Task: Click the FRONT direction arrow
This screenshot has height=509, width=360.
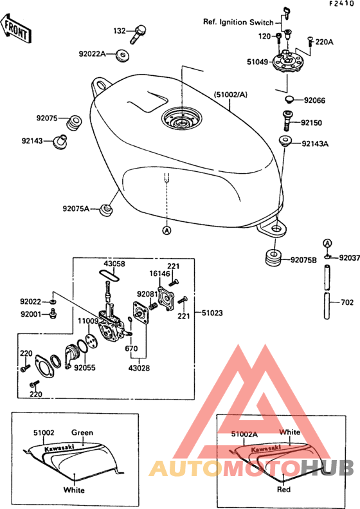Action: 15,28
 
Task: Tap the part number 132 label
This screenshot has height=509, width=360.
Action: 120,31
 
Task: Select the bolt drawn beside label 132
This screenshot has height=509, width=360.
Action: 138,33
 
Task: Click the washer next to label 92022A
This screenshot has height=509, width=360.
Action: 123,55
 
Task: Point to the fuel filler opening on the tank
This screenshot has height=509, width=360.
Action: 182,118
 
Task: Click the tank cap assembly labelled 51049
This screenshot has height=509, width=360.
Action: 285,61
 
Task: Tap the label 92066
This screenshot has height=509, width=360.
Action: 314,100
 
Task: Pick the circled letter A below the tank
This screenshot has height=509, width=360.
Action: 166,230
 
